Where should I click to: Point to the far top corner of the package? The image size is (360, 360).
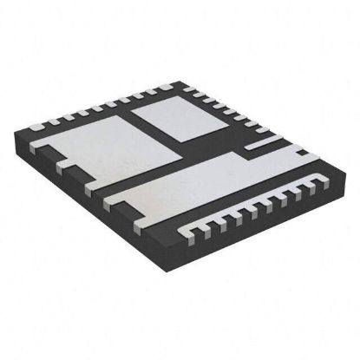click(x=182, y=79)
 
